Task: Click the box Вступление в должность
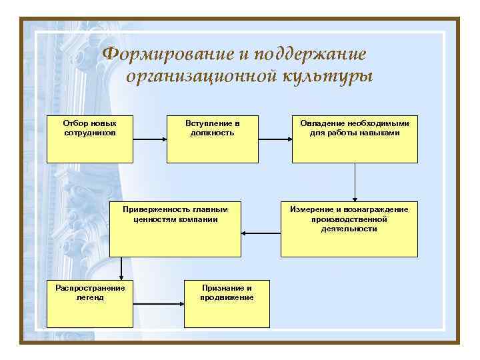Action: [212, 140]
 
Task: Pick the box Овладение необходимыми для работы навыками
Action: [355, 140]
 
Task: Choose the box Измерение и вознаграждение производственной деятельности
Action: [349, 229]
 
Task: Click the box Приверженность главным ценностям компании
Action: [175, 229]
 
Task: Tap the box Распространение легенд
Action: [89, 303]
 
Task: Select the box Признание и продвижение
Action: [227, 303]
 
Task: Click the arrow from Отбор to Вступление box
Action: [149, 140]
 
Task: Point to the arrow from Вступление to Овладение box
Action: [275, 140]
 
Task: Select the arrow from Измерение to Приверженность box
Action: [261, 233]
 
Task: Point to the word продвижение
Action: [227, 297]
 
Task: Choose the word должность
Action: [212, 133]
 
